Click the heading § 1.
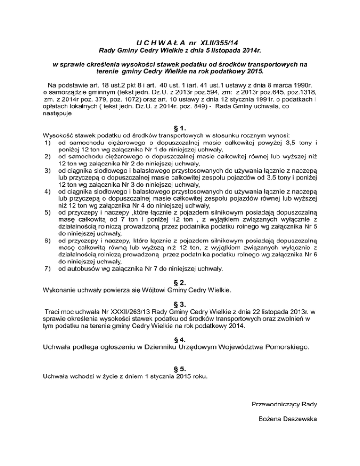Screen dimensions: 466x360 pos(180,128)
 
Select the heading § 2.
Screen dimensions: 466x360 pos(180,283)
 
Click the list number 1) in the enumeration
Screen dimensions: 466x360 pos(46,142)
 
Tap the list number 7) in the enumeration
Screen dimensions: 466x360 pos(46,269)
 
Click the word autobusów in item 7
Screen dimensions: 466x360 pos(82,269)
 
